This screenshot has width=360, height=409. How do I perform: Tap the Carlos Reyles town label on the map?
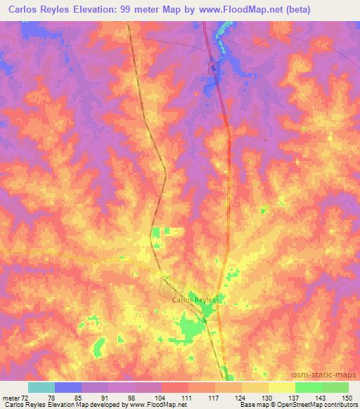click(x=195, y=300)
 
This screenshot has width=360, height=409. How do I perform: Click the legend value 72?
click(x=29, y=398)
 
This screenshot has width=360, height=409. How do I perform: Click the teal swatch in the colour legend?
click(x=41, y=387)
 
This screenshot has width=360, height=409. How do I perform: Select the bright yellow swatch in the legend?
click(x=281, y=387)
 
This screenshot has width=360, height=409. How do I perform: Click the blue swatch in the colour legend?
click(x=68, y=387)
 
